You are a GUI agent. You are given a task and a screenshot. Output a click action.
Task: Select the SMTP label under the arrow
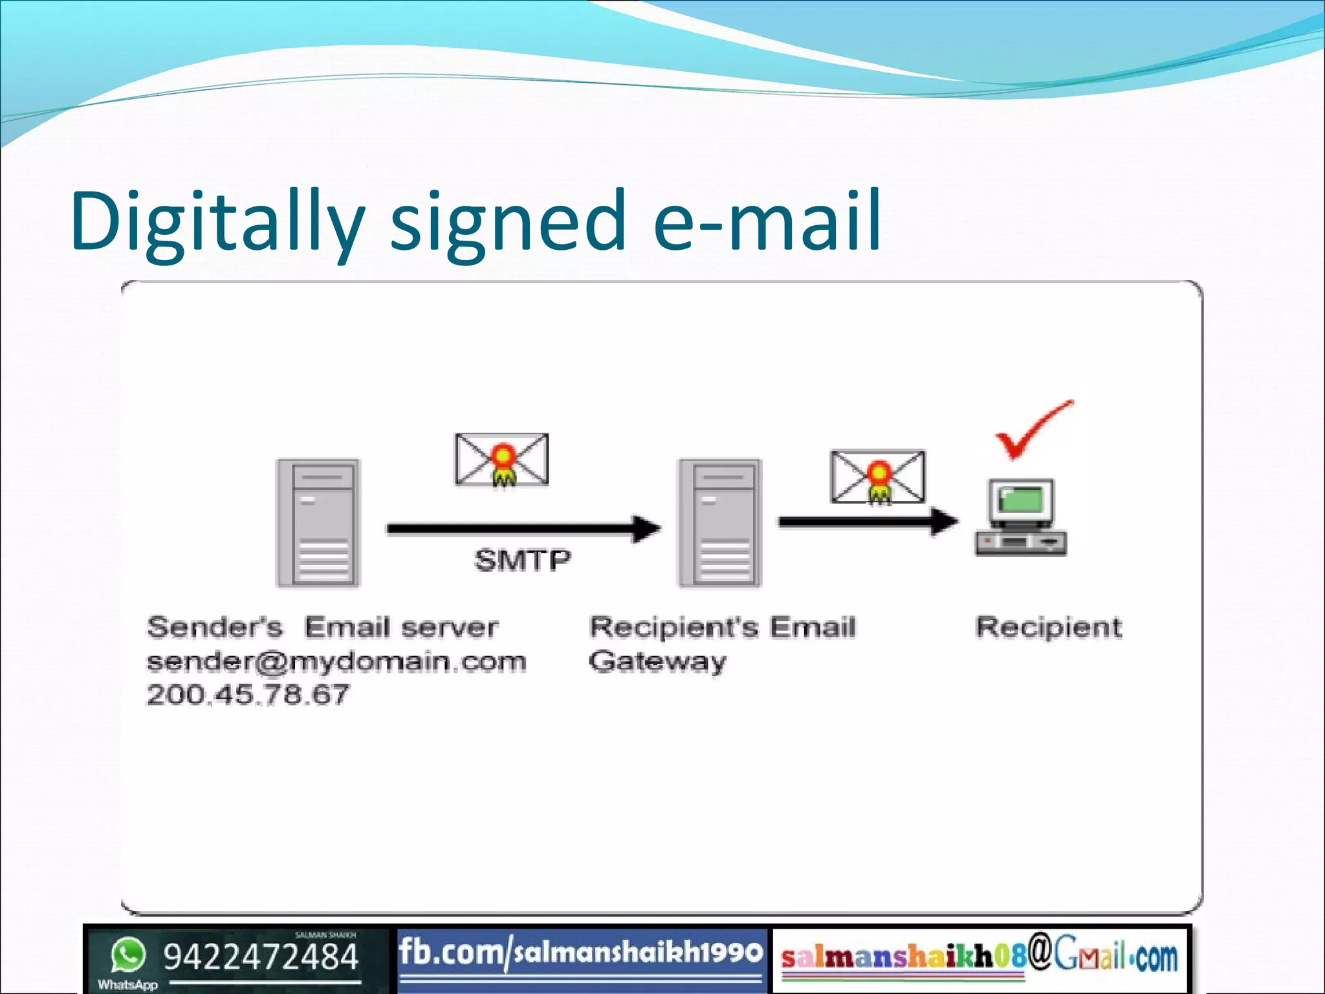523,560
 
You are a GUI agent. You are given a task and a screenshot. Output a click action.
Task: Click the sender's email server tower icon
318,523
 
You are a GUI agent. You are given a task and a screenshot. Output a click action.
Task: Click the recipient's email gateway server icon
719,523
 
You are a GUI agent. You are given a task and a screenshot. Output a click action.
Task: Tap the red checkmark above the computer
1033,430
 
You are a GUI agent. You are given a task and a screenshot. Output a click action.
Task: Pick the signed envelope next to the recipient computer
878,478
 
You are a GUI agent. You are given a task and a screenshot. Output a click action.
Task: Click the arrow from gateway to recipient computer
867,522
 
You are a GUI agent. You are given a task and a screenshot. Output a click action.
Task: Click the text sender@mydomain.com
336,661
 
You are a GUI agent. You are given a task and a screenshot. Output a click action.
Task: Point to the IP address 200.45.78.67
248,695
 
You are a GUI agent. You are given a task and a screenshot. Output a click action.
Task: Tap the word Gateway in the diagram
657,662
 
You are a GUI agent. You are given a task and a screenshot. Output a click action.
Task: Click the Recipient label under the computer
1049,627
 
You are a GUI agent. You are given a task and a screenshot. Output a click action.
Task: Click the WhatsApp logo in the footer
127,956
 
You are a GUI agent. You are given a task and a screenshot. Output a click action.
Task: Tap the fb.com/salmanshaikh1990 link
580,953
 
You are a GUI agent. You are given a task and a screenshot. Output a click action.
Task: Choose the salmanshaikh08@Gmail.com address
980,956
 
